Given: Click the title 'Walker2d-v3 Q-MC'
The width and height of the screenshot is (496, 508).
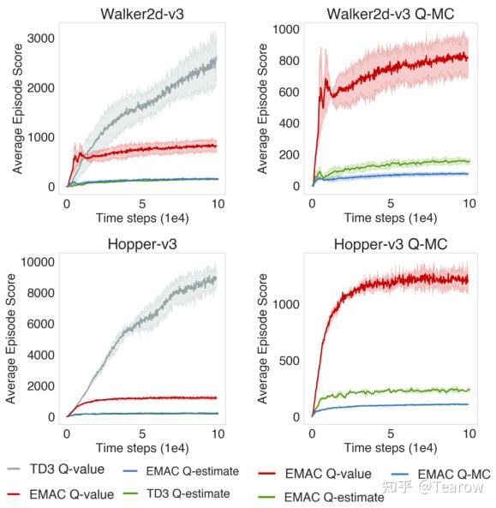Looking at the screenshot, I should tap(390, 15).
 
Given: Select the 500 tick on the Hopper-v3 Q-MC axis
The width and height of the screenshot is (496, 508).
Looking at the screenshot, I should tap(290, 361).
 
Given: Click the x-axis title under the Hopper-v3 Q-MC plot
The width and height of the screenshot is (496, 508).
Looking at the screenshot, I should tap(390, 447).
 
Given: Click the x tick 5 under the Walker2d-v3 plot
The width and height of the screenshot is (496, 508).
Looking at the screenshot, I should tap(142, 204).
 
